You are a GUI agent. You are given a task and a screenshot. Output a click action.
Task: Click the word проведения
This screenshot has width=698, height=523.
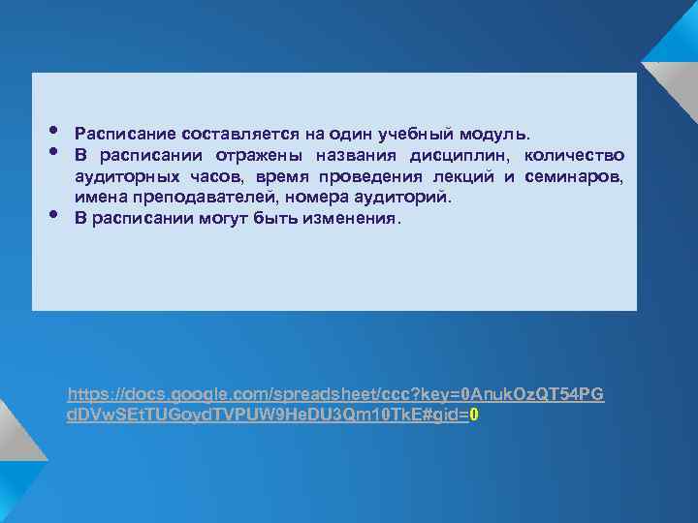tap(374, 176)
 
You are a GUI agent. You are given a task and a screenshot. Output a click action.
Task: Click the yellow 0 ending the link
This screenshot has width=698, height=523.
tap(474, 415)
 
